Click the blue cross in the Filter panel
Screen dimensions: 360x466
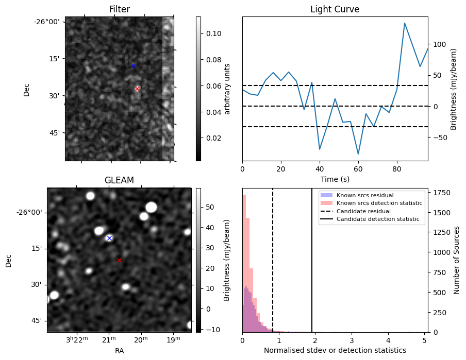click(x=133, y=65)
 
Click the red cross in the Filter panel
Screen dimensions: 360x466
click(x=137, y=89)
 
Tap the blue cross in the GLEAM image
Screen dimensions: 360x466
click(x=109, y=238)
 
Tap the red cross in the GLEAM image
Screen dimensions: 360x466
click(x=119, y=260)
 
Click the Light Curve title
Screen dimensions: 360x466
click(x=335, y=9)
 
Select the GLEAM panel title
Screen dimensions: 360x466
click(x=119, y=180)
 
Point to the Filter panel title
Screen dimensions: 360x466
click(x=119, y=9)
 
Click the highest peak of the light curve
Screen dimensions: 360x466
click(x=405, y=23)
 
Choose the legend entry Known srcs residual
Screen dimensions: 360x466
click(x=365, y=195)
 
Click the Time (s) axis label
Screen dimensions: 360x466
click(x=335, y=180)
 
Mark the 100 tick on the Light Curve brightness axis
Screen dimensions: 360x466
click(x=438, y=44)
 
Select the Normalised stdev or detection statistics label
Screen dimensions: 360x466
click(x=335, y=350)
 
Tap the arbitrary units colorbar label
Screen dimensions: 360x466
click(x=227, y=89)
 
